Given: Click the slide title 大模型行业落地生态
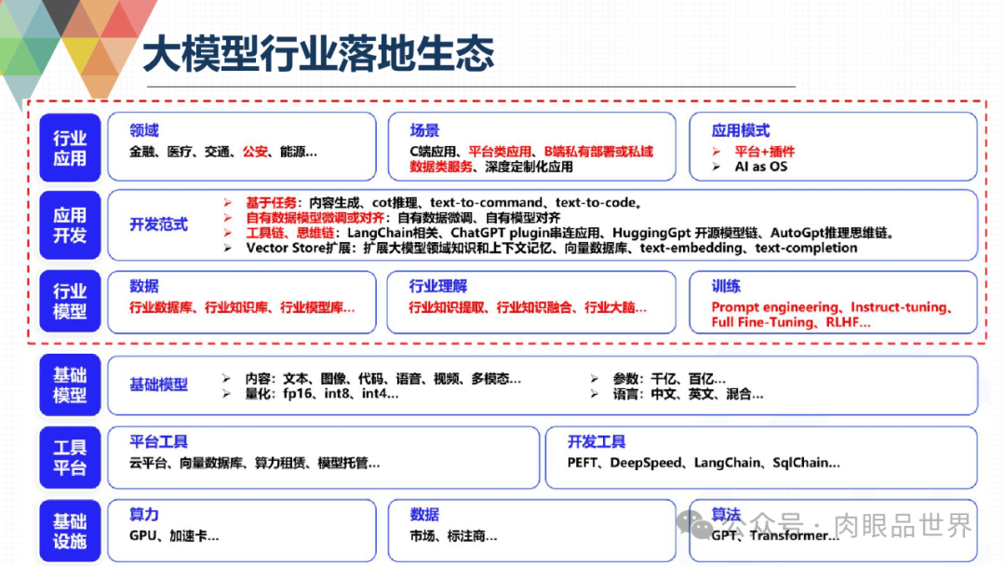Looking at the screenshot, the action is click(x=318, y=54).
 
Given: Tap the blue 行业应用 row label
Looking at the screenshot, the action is click(x=70, y=148).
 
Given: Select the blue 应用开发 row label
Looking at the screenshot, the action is click(x=70, y=225).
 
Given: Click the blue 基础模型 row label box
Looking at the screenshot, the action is click(x=70, y=384).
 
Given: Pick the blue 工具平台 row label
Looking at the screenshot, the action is click(x=70, y=457).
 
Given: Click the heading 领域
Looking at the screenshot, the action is click(x=144, y=130).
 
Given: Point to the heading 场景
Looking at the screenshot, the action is click(x=424, y=130).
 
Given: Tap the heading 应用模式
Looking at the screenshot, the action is click(x=741, y=130).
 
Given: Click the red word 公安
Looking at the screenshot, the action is click(x=256, y=151).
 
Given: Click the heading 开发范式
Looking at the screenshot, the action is click(x=158, y=224).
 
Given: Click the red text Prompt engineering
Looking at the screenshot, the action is click(x=774, y=306).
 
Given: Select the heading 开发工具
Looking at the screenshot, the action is click(x=596, y=441).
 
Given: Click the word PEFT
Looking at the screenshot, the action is click(x=583, y=463).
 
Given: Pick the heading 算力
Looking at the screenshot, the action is click(x=144, y=515).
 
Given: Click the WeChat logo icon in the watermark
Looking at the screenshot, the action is click(x=697, y=524).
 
